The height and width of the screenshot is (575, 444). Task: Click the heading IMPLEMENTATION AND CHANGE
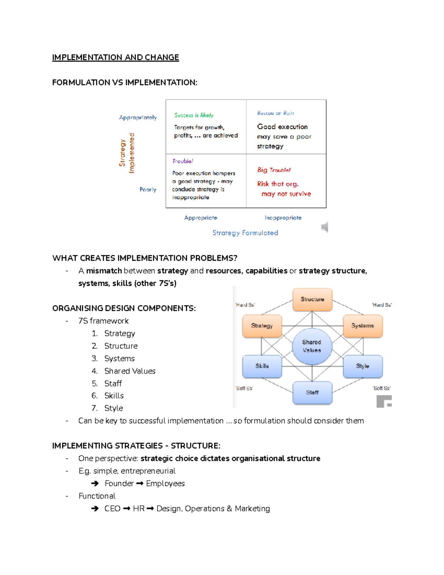(115, 57)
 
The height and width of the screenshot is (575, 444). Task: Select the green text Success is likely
(194, 115)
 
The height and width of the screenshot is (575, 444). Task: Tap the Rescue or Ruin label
(275, 113)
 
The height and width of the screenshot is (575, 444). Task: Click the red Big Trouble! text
(274, 170)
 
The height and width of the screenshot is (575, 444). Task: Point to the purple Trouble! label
(182, 161)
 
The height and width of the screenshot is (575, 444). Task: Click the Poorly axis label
(148, 189)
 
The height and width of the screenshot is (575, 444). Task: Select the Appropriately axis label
(138, 117)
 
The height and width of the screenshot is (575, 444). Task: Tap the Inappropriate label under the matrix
(283, 218)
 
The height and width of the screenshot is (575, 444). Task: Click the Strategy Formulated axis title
(245, 233)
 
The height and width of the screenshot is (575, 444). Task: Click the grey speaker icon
(324, 227)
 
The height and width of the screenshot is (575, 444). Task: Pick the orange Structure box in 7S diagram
(312, 299)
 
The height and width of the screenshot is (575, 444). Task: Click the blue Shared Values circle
(312, 346)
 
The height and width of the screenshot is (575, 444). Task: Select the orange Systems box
(362, 326)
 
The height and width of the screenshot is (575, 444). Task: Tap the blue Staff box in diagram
(312, 392)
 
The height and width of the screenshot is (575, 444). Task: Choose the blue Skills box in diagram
(262, 366)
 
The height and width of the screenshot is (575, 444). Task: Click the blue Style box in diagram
(362, 366)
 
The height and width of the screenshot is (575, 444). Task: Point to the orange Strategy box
(262, 326)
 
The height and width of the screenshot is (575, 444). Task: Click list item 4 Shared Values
(129, 371)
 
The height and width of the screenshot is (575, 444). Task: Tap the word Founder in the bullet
(119, 484)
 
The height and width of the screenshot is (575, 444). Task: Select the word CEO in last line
(112, 509)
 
